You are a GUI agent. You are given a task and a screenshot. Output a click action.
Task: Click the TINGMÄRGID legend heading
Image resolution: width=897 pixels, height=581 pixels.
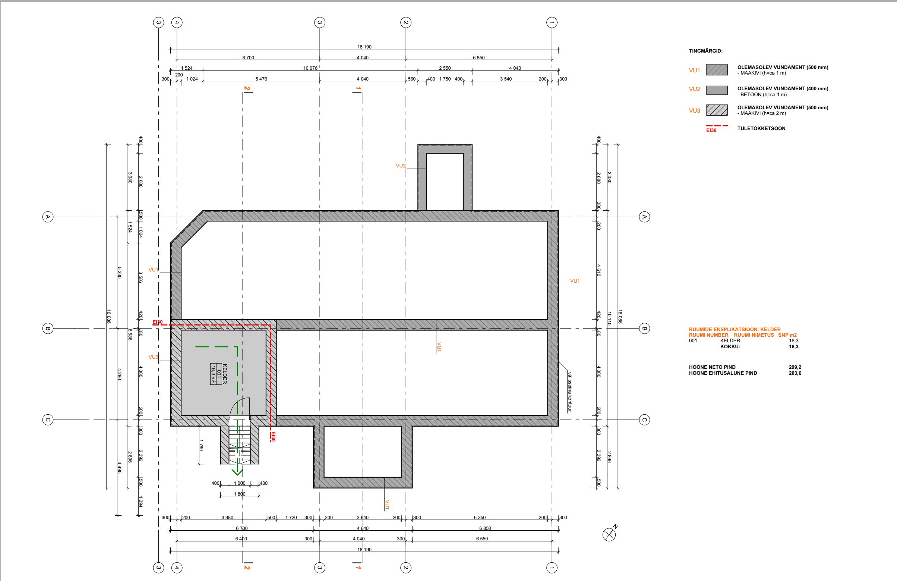(705, 51)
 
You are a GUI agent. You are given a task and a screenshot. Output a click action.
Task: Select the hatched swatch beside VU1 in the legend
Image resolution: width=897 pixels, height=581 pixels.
(717, 70)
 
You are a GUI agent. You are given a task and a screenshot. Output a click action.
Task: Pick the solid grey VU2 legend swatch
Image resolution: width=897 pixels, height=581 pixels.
(717, 90)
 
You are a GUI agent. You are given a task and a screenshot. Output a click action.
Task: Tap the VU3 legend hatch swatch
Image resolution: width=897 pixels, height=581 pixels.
(717, 110)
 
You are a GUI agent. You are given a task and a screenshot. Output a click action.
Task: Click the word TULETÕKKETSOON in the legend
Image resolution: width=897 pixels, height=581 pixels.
(761, 129)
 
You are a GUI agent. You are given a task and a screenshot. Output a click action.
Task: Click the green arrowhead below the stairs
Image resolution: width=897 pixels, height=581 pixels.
(237, 471)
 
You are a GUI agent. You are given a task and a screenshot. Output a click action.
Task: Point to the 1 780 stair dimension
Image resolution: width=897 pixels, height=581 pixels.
(201, 445)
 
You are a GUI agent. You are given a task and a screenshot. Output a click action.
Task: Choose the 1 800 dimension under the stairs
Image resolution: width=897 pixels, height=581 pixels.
(239, 494)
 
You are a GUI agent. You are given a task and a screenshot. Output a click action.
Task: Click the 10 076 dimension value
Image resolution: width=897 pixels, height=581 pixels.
(310, 68)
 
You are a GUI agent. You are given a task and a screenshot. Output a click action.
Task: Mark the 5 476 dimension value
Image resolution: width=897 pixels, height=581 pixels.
(261, 79)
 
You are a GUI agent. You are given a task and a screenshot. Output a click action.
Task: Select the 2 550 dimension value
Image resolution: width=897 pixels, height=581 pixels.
(445, 68)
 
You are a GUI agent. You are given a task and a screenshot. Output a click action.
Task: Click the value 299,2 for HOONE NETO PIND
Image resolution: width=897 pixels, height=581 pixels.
(795, 367)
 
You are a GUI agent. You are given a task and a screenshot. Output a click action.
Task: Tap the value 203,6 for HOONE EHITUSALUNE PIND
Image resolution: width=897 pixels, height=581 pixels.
(795, 373)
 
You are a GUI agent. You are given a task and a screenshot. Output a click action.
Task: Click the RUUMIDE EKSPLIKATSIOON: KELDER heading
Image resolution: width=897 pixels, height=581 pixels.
(735, 329)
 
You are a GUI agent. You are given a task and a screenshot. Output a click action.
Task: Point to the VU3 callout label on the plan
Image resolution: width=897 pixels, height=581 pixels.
(154, 357)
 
